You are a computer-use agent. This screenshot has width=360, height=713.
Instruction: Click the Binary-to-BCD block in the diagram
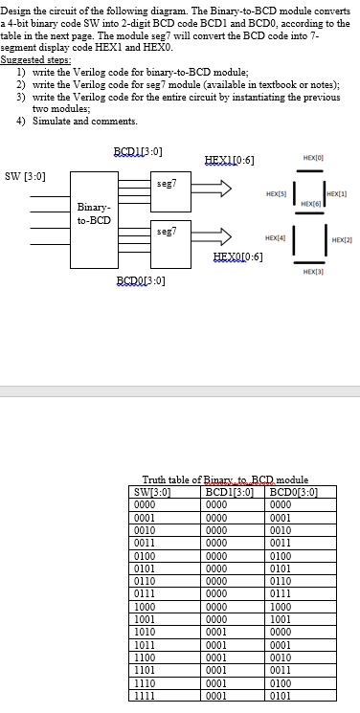click(93, 212)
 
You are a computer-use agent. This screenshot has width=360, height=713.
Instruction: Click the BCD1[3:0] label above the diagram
click(138, 152)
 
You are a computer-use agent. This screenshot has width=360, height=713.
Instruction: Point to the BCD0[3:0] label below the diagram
click(140, 279)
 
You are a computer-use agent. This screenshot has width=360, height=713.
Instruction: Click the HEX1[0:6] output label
click(230, 158)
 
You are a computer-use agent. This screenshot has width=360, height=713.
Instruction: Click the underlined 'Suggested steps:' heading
click(29, 59)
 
